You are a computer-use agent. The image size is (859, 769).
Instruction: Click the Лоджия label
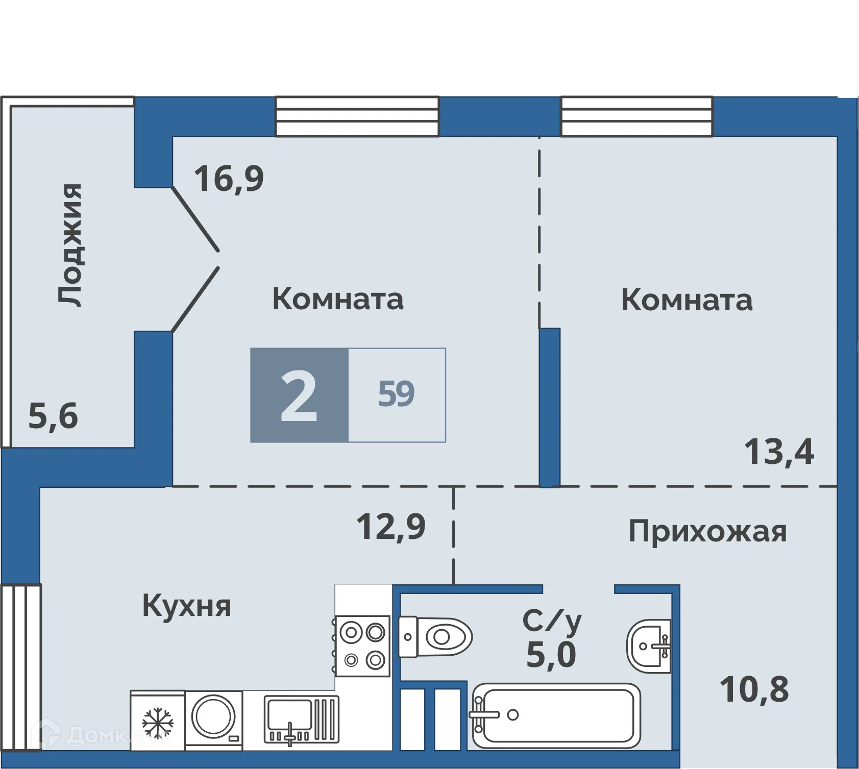(x=69, y=245)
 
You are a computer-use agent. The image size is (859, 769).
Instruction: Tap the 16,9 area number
(x=229, y=179)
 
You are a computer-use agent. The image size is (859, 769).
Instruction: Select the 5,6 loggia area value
(x=53, y=416)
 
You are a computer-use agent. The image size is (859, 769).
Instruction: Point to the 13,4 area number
(x=778, y=452)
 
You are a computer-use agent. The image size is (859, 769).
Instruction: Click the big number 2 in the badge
(x=299, y=395)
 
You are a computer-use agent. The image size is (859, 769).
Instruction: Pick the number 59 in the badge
(x=396, y=394)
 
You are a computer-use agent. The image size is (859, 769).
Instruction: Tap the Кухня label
(x=186, y=606)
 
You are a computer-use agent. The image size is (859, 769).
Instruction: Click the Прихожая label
(x=707, y=532)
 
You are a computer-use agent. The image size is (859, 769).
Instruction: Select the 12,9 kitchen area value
(x=390, y=527)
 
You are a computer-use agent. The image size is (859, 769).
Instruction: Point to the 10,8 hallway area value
(x=754, y=689)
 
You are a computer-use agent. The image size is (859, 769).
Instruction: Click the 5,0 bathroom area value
(x=551, y=655)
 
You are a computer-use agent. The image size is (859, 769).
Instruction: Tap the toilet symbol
(x=435, y=637)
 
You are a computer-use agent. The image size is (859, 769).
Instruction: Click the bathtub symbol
(x=556, y=715)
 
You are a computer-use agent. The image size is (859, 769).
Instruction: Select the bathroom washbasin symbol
(x=648, y=647)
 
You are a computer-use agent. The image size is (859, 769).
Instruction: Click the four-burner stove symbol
(x=362, y=646)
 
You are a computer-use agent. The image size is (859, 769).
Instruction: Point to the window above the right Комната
(x=636, y=117)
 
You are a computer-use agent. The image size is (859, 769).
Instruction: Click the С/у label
(x=552, y=621)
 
